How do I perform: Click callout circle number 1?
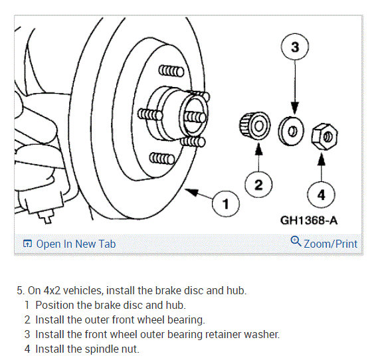pyautogui.click(x=226, y=204)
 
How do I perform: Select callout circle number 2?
pyautogui.click(x=258, y=185)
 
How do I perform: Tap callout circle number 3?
pyautogui.click(x=295, y=46)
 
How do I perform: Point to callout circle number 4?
pyautogui.click(x=322, y=195)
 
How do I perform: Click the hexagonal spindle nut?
pyautogui.click(x=324, y=136)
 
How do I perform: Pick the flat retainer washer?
pyautogui.click(x=291, y=132)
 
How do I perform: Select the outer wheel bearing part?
pyautogui.click(x=255, y=126)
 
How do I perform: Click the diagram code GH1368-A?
pyautogui.click(x=309, y=221)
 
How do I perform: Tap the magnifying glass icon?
pyautogui.click(x=296, y=241)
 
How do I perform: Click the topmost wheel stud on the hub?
pyautogui.click(x=171, y=71)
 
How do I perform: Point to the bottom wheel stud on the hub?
pyautogui.click(x=162, y=159)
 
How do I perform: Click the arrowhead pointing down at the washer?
pyautogui.click(x=295, y=109)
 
